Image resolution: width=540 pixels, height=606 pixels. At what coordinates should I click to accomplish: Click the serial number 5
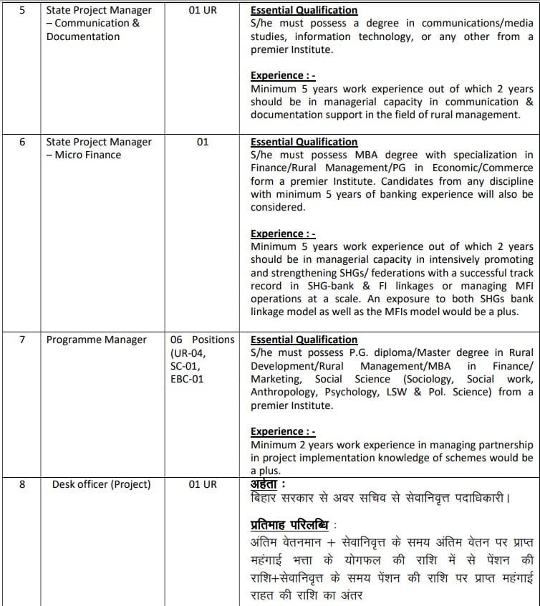point(21,11)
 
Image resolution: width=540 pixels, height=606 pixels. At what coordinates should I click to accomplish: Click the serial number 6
point(21,142)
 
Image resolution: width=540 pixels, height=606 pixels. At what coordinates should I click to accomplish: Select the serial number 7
point(21,340)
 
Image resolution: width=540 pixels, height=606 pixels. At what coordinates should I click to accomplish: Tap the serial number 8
point(21,484)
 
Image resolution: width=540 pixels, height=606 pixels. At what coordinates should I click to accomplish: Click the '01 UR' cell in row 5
point(203,11)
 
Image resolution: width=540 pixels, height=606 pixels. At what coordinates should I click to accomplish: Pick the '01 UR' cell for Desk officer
point(203,484)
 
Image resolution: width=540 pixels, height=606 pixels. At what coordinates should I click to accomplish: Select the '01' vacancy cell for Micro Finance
point(203,142)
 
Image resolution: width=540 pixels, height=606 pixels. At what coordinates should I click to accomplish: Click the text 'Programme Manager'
point(96,340)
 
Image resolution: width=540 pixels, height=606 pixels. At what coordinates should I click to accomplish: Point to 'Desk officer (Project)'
point(101,484)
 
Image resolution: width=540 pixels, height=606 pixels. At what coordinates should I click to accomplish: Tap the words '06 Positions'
point(203,340)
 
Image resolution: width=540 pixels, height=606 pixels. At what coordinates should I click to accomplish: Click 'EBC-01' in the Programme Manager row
point(187,378)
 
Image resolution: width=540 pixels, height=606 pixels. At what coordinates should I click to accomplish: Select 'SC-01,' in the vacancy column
point(185,365)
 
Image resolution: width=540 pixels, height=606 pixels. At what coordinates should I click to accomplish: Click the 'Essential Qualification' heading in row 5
point(304,11)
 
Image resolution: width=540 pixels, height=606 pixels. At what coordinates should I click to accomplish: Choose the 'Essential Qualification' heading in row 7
point(304,340)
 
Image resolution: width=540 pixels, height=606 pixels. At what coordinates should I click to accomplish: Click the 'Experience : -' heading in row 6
point(283,234)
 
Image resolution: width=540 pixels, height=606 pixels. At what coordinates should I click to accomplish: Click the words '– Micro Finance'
point(84,155)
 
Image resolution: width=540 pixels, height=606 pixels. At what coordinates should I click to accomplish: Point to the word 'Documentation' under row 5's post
point(83,37)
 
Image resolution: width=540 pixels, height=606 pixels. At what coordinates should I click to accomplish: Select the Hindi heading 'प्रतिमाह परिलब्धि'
point(289,523)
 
